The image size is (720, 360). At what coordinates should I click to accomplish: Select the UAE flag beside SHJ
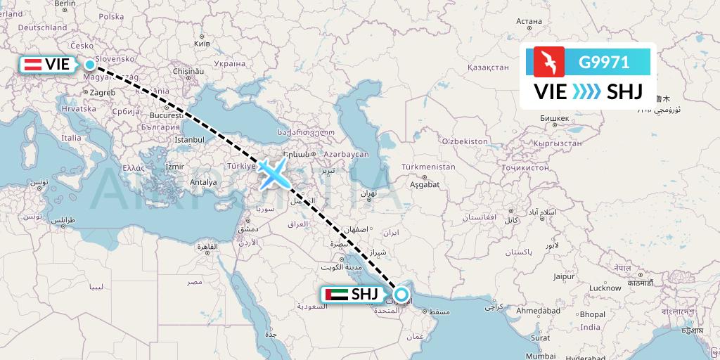[335, 295]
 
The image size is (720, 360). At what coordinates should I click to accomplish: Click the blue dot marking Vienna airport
[90, 65]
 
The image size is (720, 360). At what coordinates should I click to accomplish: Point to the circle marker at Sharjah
[401, 295]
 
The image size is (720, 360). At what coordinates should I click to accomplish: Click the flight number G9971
[603, 61]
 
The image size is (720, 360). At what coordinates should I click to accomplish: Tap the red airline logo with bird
[549, 61]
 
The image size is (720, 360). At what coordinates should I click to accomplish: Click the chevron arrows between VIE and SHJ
[586, 91]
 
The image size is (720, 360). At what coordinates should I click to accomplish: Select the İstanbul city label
[188, 140]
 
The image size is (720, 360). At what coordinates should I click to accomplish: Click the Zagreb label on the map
[102, 92]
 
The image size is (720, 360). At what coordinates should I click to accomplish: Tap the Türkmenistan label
[427, 167]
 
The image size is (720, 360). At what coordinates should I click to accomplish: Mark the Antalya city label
[203, 182]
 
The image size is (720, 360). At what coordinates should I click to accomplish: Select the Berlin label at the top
[65, 4]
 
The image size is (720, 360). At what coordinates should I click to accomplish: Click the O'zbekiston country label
[465, 141]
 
